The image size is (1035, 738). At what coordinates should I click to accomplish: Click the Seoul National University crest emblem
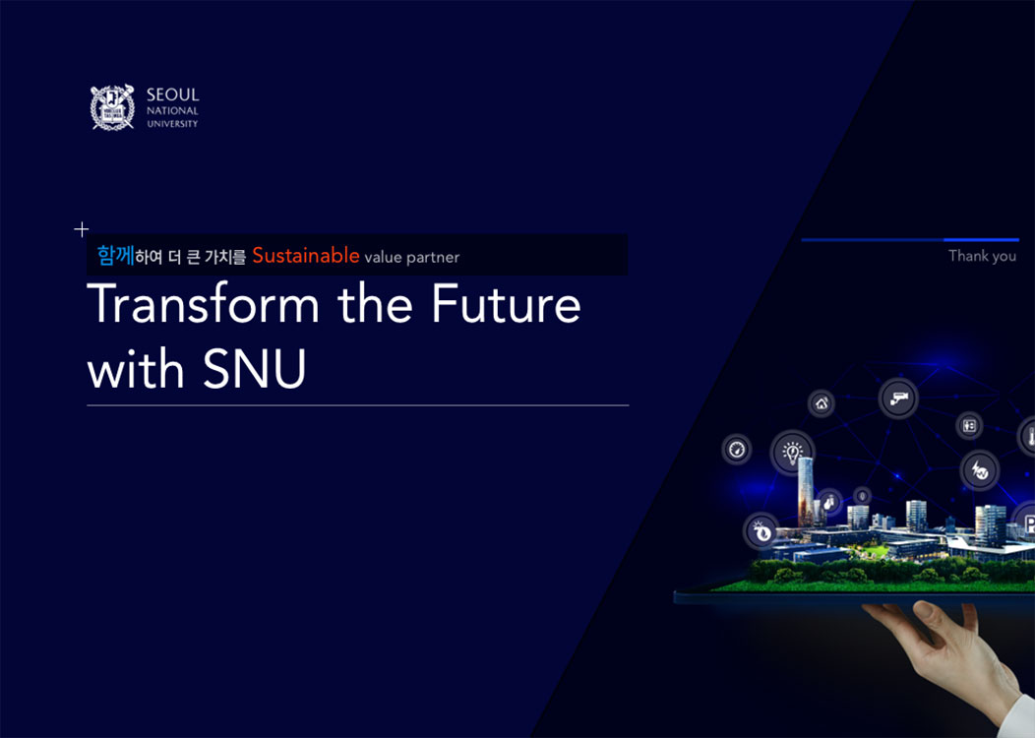(x=112, y=107)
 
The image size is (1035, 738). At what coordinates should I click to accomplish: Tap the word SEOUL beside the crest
(x=172, y=95)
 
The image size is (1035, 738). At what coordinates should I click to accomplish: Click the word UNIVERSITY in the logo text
(x=172, y=123)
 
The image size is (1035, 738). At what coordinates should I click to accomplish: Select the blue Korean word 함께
(x=115, y=256)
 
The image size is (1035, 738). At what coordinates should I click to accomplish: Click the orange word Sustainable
(x=306, y=255)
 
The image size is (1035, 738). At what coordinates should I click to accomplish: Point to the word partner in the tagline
(x=432, y=258)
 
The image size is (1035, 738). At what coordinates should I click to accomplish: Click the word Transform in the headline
(x=204, y=304)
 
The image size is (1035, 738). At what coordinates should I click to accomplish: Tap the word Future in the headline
(x=507, y=304)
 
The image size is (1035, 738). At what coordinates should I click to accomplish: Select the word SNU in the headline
(x=254, y=368)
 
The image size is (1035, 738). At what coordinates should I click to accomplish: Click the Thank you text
(x=982, y=256)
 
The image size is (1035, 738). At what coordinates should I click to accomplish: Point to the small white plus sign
(x=82, y=229)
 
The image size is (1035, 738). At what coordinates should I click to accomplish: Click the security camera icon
(x=898, y=399)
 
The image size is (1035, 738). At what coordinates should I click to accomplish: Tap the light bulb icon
(x=792, y=453)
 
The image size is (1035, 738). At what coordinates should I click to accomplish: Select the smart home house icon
(x=822, y=403)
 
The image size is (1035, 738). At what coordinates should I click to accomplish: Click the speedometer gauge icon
(x=737, y=450)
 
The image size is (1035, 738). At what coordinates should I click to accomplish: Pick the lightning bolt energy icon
(x=980, y=470)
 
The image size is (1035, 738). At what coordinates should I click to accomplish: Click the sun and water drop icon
(x=761, y=531)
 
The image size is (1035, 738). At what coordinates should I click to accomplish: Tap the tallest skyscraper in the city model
(x=806, y=492)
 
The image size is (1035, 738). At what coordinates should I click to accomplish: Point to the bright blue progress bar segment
(x=982, y=240)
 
